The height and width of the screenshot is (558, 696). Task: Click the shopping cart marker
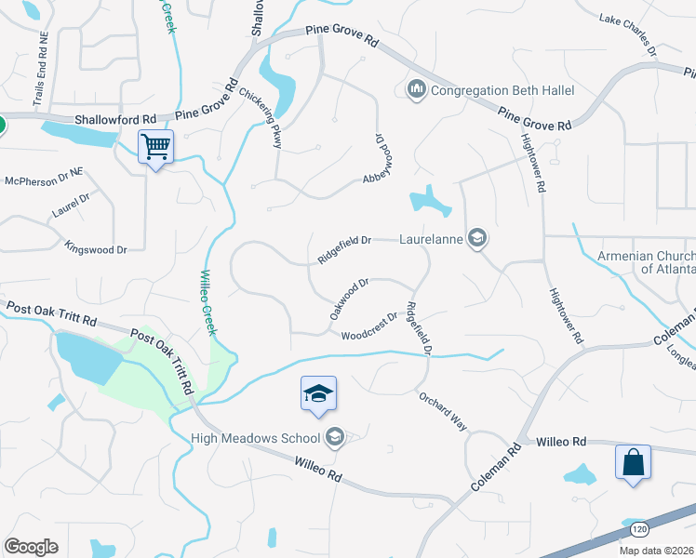point(155,146)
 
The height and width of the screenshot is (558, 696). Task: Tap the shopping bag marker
point(633,462)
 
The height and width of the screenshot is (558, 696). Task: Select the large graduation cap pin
point(318,394)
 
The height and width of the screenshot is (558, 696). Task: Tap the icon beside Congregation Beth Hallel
point(416,89)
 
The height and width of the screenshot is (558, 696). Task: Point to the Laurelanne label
point(431,239)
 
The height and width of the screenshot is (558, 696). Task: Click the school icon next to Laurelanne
point(477,239)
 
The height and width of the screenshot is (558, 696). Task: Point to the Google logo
point(31,546)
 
